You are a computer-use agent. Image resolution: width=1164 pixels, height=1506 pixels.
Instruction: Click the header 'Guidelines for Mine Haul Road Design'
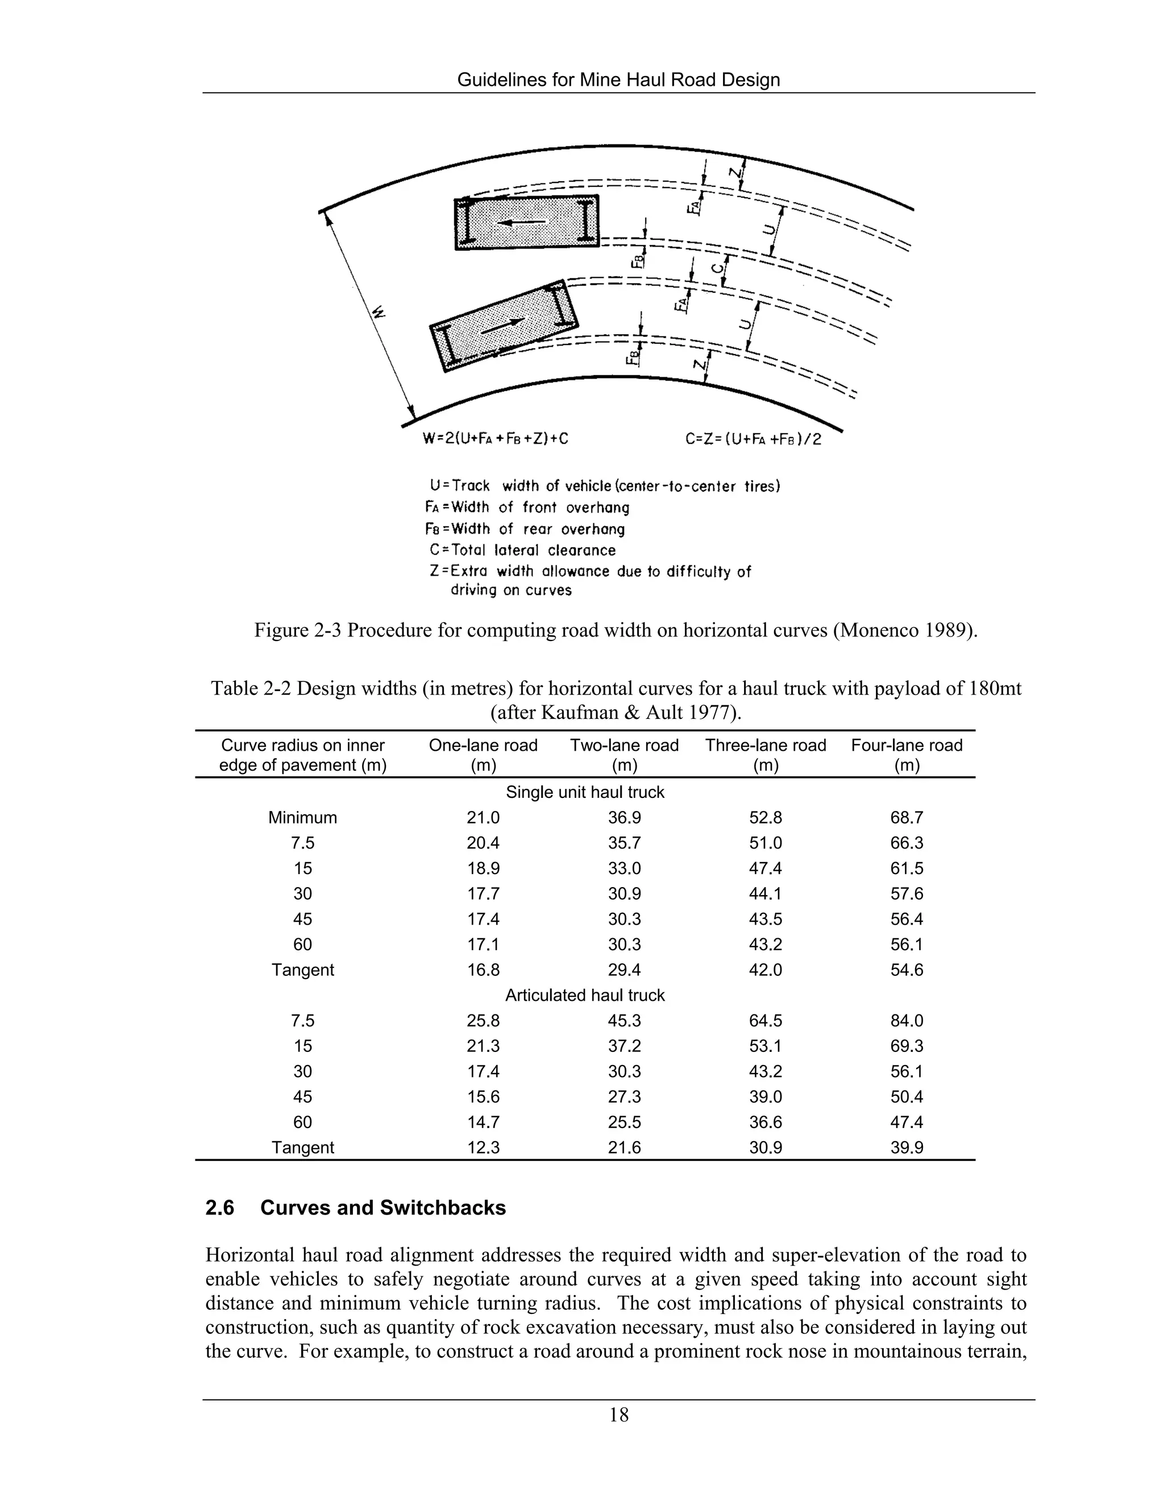[x=618, y=80]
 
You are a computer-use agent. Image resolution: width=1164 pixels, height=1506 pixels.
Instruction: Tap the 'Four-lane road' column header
[x=906, y=755]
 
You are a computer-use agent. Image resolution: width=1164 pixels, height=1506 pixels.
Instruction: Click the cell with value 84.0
[x=906, y=1021]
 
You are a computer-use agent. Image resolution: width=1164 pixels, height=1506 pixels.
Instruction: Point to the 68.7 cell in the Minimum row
[x=906, y=818]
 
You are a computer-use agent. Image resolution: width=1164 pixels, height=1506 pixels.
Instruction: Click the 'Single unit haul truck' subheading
[x=585, y=792]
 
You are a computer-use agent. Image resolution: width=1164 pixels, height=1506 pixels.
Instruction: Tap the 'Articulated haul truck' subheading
[x=585, y=995]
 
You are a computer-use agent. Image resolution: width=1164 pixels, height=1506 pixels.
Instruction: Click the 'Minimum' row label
[x=303, y=818]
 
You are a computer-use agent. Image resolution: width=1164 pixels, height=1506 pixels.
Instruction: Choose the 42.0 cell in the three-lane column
[x=766, y=970]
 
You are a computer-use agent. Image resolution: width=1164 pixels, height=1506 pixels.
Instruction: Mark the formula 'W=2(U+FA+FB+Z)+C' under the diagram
[x=495, y=439]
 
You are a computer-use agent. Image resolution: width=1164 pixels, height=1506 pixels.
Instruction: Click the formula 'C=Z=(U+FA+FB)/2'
[x=754, y=439]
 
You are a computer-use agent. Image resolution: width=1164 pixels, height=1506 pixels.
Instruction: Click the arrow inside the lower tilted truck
[x=501, y=326]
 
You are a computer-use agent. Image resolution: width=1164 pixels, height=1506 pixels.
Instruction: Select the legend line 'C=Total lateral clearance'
[x=522, y=550]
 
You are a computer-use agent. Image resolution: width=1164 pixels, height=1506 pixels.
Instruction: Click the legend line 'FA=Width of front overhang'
[x=527, y=507]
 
